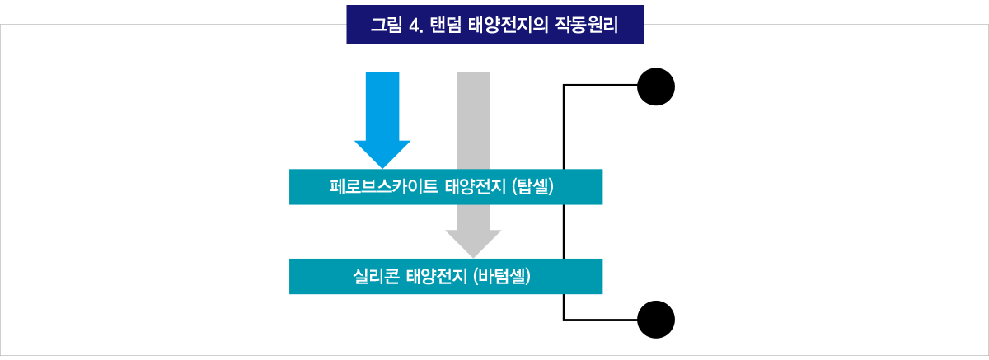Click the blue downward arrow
[x=382, y=107]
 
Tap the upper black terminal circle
[x=657, y=86]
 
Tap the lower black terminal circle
[x=657, y=319]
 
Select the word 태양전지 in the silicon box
[x=437, y=276]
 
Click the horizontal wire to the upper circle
[x=602, y=86]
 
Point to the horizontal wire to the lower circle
[x=602, y=319]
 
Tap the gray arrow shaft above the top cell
[x=473, y=119]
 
